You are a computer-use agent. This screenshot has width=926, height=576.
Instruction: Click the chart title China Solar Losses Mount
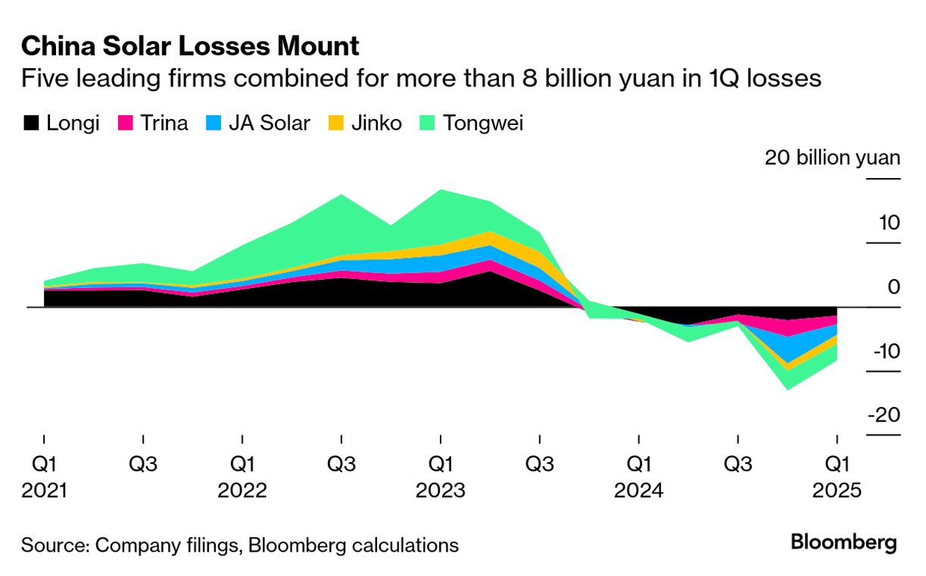190,47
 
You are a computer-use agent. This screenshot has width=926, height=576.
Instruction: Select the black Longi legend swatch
31,123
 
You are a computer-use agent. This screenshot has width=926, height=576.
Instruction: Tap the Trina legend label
164,123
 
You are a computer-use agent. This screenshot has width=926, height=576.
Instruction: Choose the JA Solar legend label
269,123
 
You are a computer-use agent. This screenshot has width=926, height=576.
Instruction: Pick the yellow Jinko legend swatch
336,123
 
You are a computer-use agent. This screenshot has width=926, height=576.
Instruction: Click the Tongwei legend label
483,123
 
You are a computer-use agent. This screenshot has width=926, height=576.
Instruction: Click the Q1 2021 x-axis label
44,477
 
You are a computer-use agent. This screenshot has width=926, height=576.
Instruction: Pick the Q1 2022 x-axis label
242,477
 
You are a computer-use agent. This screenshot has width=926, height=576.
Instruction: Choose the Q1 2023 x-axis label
440,477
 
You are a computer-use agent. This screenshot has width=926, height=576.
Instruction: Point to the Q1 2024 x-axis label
638,477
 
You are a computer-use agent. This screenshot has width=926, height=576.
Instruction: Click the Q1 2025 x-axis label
836,477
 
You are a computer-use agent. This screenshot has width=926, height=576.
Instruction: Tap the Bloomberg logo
843,543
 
